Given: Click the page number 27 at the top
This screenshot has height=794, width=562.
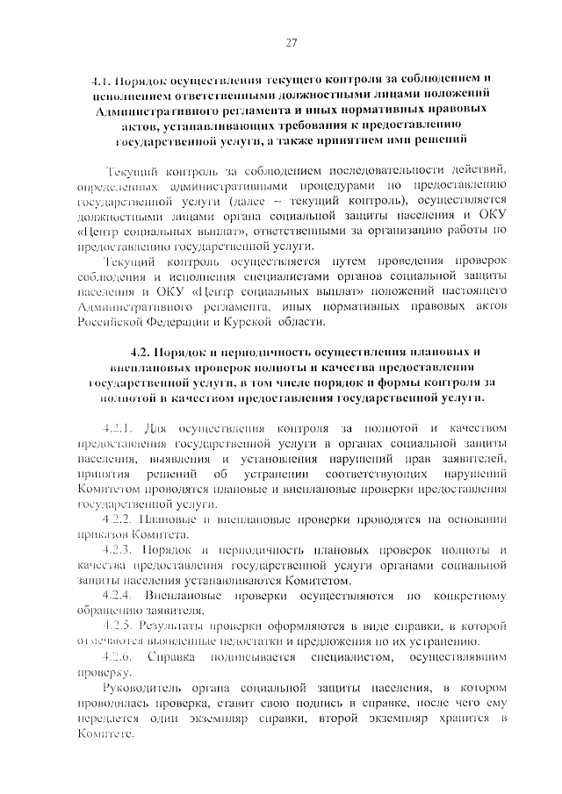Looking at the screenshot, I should coord(292,43).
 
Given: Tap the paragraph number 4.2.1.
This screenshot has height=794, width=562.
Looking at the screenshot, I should coord(118,427).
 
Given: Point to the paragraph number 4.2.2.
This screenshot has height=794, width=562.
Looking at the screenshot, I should coord(118,519).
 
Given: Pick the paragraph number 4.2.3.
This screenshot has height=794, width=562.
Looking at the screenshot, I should coord(118,550).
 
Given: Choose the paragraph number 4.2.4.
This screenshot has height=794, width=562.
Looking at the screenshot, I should coord(118,596).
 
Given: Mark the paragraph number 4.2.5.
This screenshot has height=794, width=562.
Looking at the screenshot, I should coord(118,626).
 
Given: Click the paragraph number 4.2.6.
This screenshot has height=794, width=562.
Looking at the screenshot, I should coord(118,657).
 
